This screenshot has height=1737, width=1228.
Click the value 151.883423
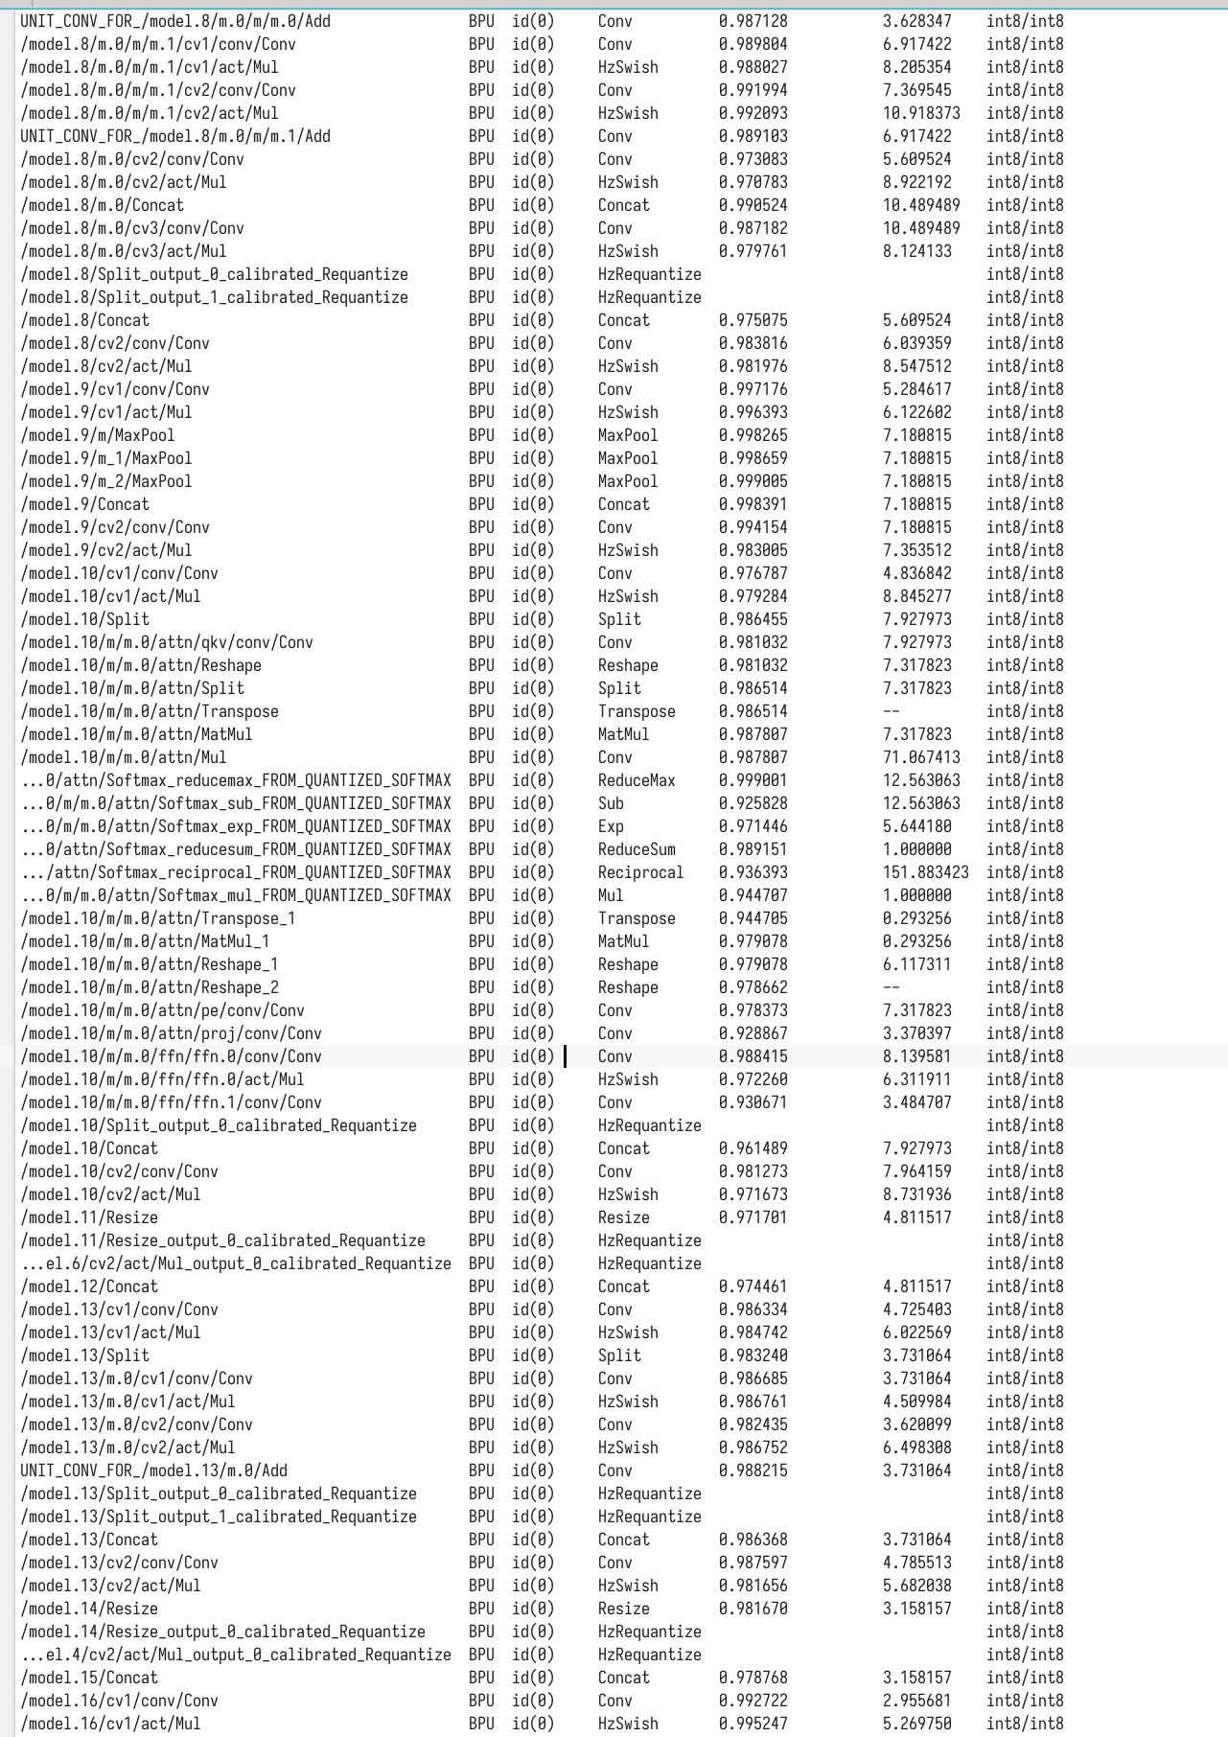click(x=925, y=872)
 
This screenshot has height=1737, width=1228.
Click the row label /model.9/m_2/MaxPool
click(x=106, y=481)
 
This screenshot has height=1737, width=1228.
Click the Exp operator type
click(x=611, y=826)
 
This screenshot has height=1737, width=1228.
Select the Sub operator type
click(x=611, y=803)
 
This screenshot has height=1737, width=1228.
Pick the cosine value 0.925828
click(x=753, y=803)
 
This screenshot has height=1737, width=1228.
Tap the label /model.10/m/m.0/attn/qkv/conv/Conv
click(x=167, y=642)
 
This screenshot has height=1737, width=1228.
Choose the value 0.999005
click(x=753, y=481)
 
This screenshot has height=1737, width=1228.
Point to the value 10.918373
click(x=921, y=113)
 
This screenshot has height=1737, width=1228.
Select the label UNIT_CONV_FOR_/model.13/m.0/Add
click(x=154, y=1471)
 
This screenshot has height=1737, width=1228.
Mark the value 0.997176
click(x=753, y=389)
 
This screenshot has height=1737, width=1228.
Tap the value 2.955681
click(x=917, y=1701)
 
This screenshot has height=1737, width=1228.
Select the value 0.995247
click(x=753, y=1724)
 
